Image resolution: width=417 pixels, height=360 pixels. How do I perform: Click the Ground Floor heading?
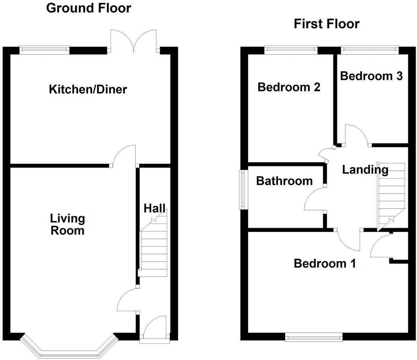pyautogui.click(x=88, y=8)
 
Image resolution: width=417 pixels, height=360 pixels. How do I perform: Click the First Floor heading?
pyautogui.click(x=327, y=24)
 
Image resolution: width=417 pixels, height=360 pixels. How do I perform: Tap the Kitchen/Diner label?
pyautogui.click(x=88, y=89)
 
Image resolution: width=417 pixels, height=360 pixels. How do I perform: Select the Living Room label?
pyautogui.click(x=67, y=224)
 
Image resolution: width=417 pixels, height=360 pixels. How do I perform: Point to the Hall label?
pyautogui.click(x=154, y=208)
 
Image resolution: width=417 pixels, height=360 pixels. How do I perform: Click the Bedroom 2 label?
pyautogui.click(x=289, y=87)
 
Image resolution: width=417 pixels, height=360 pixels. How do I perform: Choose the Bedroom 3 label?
pyautogui.click(x=371, y=76)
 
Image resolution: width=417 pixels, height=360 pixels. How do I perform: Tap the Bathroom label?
pyautogui.click(x=284, y=181)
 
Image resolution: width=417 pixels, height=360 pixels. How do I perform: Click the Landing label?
pyautogui.click(x=365, y=170)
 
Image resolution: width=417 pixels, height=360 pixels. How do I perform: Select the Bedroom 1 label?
pyautogui.click(x=325, y=263)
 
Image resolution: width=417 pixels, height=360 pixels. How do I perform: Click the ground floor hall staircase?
pyautogui.click(x=154, y=248)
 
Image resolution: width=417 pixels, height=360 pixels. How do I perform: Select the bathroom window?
pyautogui.click(x=243, y=190)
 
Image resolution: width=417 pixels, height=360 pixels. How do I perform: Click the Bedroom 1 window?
pyautogui.click(x=314, y=337)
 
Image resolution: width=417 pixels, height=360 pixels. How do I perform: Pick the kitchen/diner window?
pyautogui.click(x=44, y=50)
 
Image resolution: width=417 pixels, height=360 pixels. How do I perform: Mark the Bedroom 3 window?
pyautogui.click(x=370, y=50)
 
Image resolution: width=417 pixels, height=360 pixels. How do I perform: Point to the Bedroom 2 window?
pyautogui.click(x=290, y=50)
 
